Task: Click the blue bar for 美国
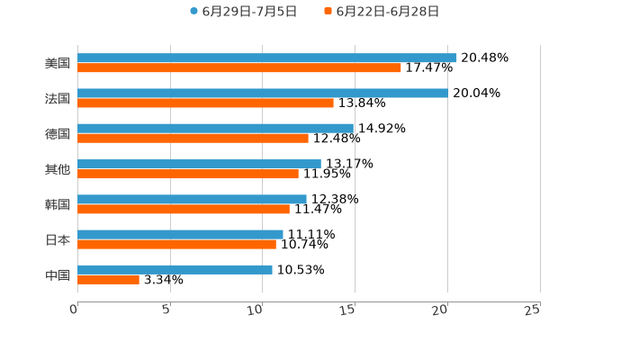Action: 267,58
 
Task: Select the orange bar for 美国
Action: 239,68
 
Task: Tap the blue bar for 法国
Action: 263,94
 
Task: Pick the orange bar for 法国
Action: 205,103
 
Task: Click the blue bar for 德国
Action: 216,129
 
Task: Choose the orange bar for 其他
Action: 188,174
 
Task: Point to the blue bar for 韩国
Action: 192,199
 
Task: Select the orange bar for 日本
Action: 176,244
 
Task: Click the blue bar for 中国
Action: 175,269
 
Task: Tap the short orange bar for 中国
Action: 108,280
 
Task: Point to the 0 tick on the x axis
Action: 75,310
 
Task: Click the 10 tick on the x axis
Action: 257,310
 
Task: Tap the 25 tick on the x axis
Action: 533,310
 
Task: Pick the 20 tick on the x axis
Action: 441,310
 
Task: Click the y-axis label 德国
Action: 58,134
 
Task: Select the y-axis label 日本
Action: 58,240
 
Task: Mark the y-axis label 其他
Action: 58,169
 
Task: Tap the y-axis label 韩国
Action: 58,204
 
